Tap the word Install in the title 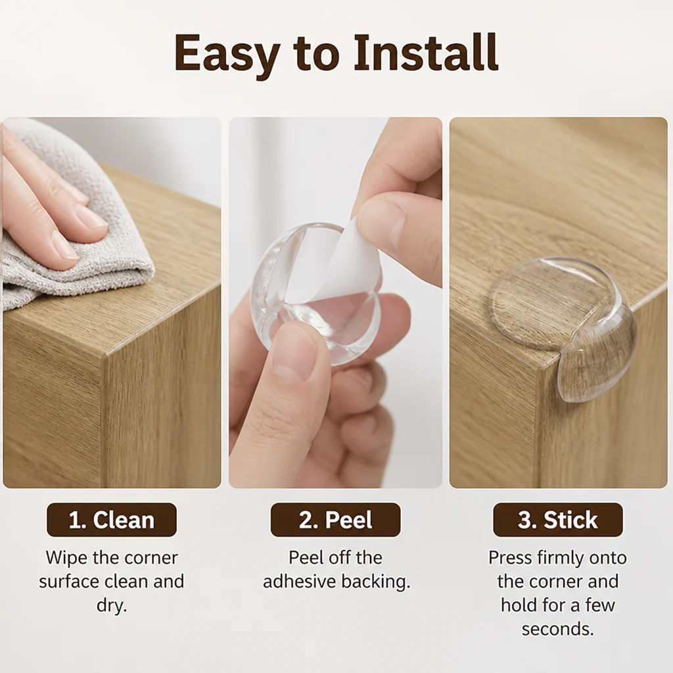pyautogui.click(x=426, y=53)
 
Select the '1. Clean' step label pyautogui.click(x=112, y=520)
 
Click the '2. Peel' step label pyautogui.click(x=336, y=520)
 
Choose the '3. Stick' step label pyautogui.click(x=558, y=520)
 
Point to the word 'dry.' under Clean pyautogui.click(x=112, y=606)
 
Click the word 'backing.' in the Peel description pyautogui.click(x=376, y=582)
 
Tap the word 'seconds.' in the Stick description pyautogui.click(x=558, y=629)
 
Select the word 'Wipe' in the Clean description pyautogui.click(x=66, y=558)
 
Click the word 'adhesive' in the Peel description pyautogui.click(x=300, y=582)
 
